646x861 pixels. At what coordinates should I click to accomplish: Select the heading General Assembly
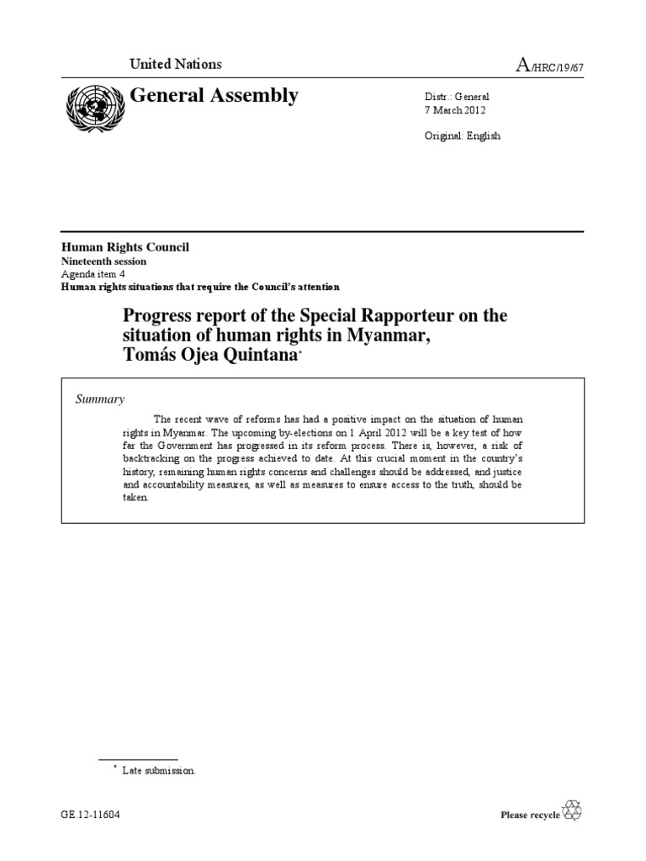[x=214, y=96]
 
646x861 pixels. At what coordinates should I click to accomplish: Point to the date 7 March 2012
[x=455, y=110]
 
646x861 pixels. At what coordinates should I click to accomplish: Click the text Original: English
[x=462, y=135]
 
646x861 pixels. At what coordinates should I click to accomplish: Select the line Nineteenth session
[x=103, y=261]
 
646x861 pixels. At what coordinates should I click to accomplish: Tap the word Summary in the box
[x=100, y=399]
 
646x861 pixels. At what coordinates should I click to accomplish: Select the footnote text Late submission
[x=159, y=769]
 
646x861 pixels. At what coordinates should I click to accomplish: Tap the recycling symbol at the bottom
[x=572, y=811]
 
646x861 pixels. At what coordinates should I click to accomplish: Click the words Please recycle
[x=530, y=815]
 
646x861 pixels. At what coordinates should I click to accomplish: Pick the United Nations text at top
[x=175, y=64]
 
